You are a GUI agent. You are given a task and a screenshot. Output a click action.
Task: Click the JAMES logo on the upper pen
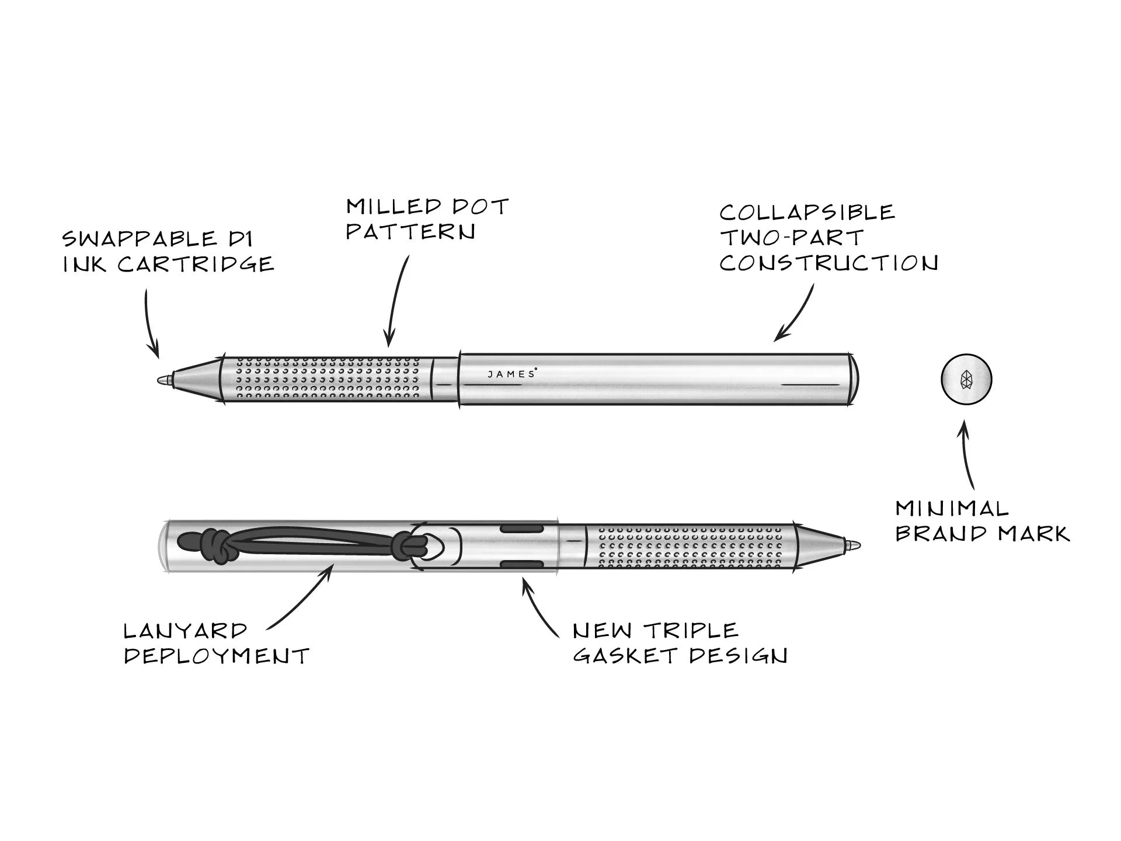pos(511,374)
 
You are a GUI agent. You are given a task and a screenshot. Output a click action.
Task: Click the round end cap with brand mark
pos(966,380)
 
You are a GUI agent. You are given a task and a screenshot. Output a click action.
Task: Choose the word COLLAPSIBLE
pos(807,213)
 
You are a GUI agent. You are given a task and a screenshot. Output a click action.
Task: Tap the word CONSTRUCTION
pos(828,263)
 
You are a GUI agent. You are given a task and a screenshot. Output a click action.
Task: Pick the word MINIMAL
pos(952,509)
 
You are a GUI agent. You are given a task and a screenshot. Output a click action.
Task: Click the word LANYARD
pos(186,631)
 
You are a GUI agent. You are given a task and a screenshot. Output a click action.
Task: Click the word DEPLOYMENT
pos(216,656)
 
